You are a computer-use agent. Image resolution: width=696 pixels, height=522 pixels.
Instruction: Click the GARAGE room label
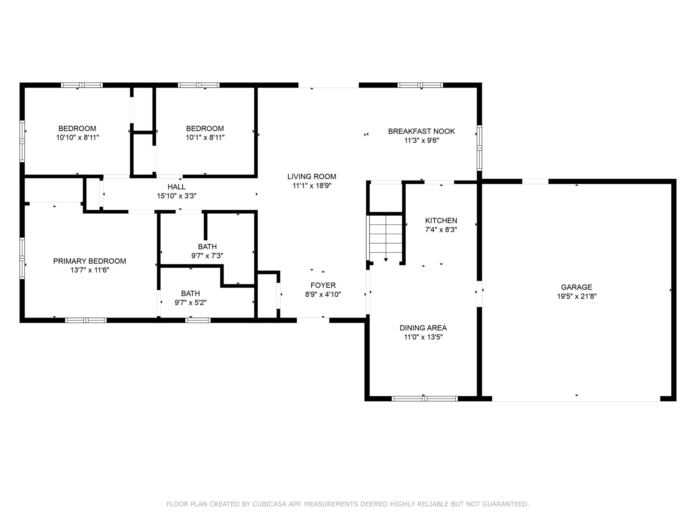(x=576, y=287)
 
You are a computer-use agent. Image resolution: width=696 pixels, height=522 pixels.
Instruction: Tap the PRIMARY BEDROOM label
(x=90, y=261)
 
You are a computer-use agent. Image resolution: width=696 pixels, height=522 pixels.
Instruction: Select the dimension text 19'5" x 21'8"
(x=577, y=296)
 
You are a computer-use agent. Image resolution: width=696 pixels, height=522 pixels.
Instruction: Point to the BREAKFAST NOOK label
(x=421, y=131)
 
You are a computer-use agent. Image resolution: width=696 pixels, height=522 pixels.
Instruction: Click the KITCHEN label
(x=441, y=220)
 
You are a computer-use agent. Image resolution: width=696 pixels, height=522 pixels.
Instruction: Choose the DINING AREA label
(x=423, y=328)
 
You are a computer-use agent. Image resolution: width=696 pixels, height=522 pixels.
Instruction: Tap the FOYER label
(x=323, y=285)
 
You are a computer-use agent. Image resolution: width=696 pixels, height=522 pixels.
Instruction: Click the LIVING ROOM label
(x=312, y=176)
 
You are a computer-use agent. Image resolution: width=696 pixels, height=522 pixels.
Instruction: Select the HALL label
(x=176, y=187)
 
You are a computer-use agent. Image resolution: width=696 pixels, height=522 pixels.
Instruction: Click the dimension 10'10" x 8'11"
(x=77, y=138)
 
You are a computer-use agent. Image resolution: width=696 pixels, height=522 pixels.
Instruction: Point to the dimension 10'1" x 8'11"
(x=205, y=138)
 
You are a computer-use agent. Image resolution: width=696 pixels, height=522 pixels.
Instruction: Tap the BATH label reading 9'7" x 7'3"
(x=207, y=246)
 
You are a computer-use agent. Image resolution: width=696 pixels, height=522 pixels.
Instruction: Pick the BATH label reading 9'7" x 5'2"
(x=190, y=293)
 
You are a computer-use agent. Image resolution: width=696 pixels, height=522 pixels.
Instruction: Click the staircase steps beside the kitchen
(x=386, y=234)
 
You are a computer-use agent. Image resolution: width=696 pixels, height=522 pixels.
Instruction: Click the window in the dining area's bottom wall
(x=424, y=399)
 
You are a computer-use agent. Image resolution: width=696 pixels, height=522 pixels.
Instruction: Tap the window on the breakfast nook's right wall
(x=479, y=148)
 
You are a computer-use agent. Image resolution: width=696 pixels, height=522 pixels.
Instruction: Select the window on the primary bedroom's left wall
(x=22, y=258)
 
